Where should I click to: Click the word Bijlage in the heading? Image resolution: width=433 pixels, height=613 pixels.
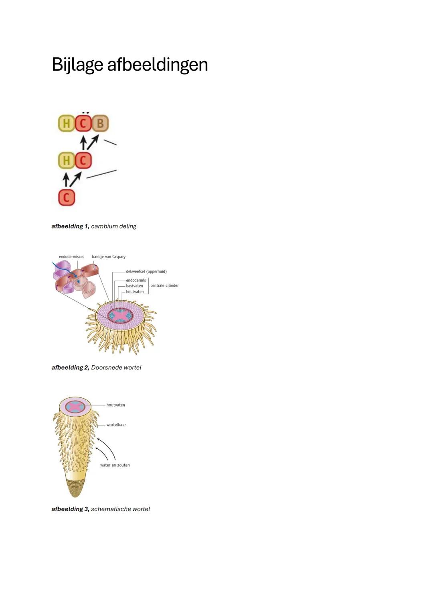tap(77, 65)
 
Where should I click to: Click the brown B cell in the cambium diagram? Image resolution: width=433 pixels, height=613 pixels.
tap(100, 123)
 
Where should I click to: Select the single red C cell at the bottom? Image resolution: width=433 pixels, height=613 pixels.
tap(67, 198)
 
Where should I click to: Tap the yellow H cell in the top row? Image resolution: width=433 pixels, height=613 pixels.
tap(67, 123)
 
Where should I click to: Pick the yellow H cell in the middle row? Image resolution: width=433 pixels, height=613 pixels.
tap(67, 160)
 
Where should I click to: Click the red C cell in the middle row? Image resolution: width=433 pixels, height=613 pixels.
tap(83, 160)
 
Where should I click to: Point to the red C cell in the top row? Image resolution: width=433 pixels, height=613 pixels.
tap(83, 123)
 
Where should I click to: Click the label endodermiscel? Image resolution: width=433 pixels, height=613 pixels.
tap(71, 257)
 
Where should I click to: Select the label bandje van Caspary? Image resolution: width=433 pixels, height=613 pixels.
tap(109, 257)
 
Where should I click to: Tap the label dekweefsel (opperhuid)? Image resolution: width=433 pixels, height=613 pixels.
tap(146, 271)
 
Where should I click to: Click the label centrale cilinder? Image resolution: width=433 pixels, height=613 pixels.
tap(164, 285)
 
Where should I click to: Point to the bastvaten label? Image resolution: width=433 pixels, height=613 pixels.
tap(134, 286)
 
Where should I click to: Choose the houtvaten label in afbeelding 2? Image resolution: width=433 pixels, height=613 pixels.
tap(135, 292)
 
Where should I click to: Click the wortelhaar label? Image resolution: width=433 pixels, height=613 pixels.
tap(116, 425)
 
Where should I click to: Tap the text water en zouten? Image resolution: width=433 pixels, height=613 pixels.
tap(115, 465)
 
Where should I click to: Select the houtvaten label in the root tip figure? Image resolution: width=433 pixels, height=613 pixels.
tap(115, 405)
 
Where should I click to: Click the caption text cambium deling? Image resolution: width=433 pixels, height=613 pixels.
tap(114, 226)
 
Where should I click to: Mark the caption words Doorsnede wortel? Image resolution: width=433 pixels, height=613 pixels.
tap(116, 368)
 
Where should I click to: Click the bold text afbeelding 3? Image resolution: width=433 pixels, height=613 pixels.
tap(71, 509)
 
